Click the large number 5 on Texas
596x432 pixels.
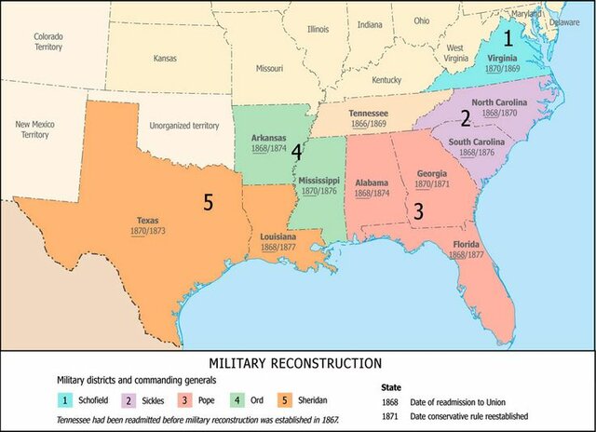click(210, 200)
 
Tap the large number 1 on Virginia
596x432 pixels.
click(508, 39)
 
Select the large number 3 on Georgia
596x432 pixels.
click(418, 211)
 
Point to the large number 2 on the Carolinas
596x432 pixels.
click(465, 117)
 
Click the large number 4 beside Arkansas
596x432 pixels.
click(296, 151)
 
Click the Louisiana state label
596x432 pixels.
click(279, 236)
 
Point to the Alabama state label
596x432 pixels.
click(371, 183)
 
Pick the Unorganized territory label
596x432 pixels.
click(184, 124)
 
